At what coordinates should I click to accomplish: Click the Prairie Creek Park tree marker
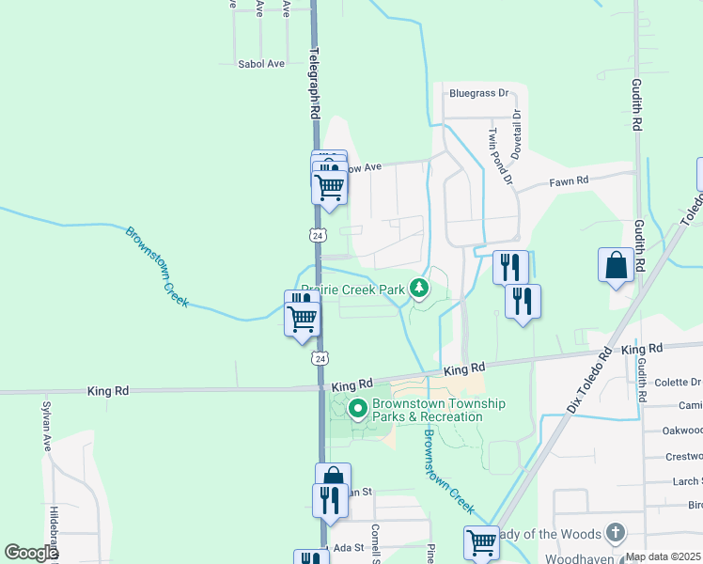(420, 290)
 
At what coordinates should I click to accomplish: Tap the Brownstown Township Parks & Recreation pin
(357, 408)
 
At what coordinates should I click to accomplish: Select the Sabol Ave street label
(260, 64)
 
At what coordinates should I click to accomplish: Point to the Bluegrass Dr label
(477, 93)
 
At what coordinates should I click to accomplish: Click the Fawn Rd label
(570, 180)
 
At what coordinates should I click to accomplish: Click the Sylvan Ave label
(45, 428)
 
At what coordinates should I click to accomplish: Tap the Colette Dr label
(677, 382)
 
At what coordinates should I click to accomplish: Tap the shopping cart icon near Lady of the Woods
(481, 542)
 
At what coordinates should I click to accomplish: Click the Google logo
(30, 553)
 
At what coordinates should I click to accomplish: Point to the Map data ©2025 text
(664, 557)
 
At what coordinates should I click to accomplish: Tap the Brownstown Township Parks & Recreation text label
(438, 410)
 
